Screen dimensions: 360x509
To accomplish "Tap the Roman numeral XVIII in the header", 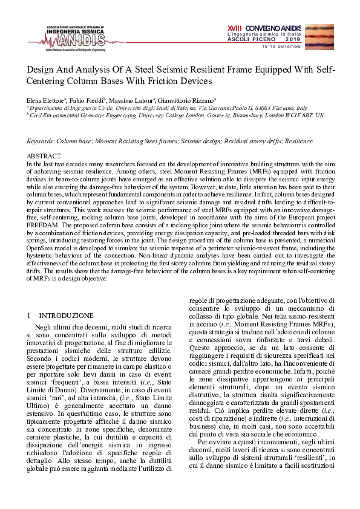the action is [234, 27].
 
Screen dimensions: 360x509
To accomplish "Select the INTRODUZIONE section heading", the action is [66, 316].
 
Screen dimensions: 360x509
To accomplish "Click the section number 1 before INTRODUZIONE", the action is [30, 316].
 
